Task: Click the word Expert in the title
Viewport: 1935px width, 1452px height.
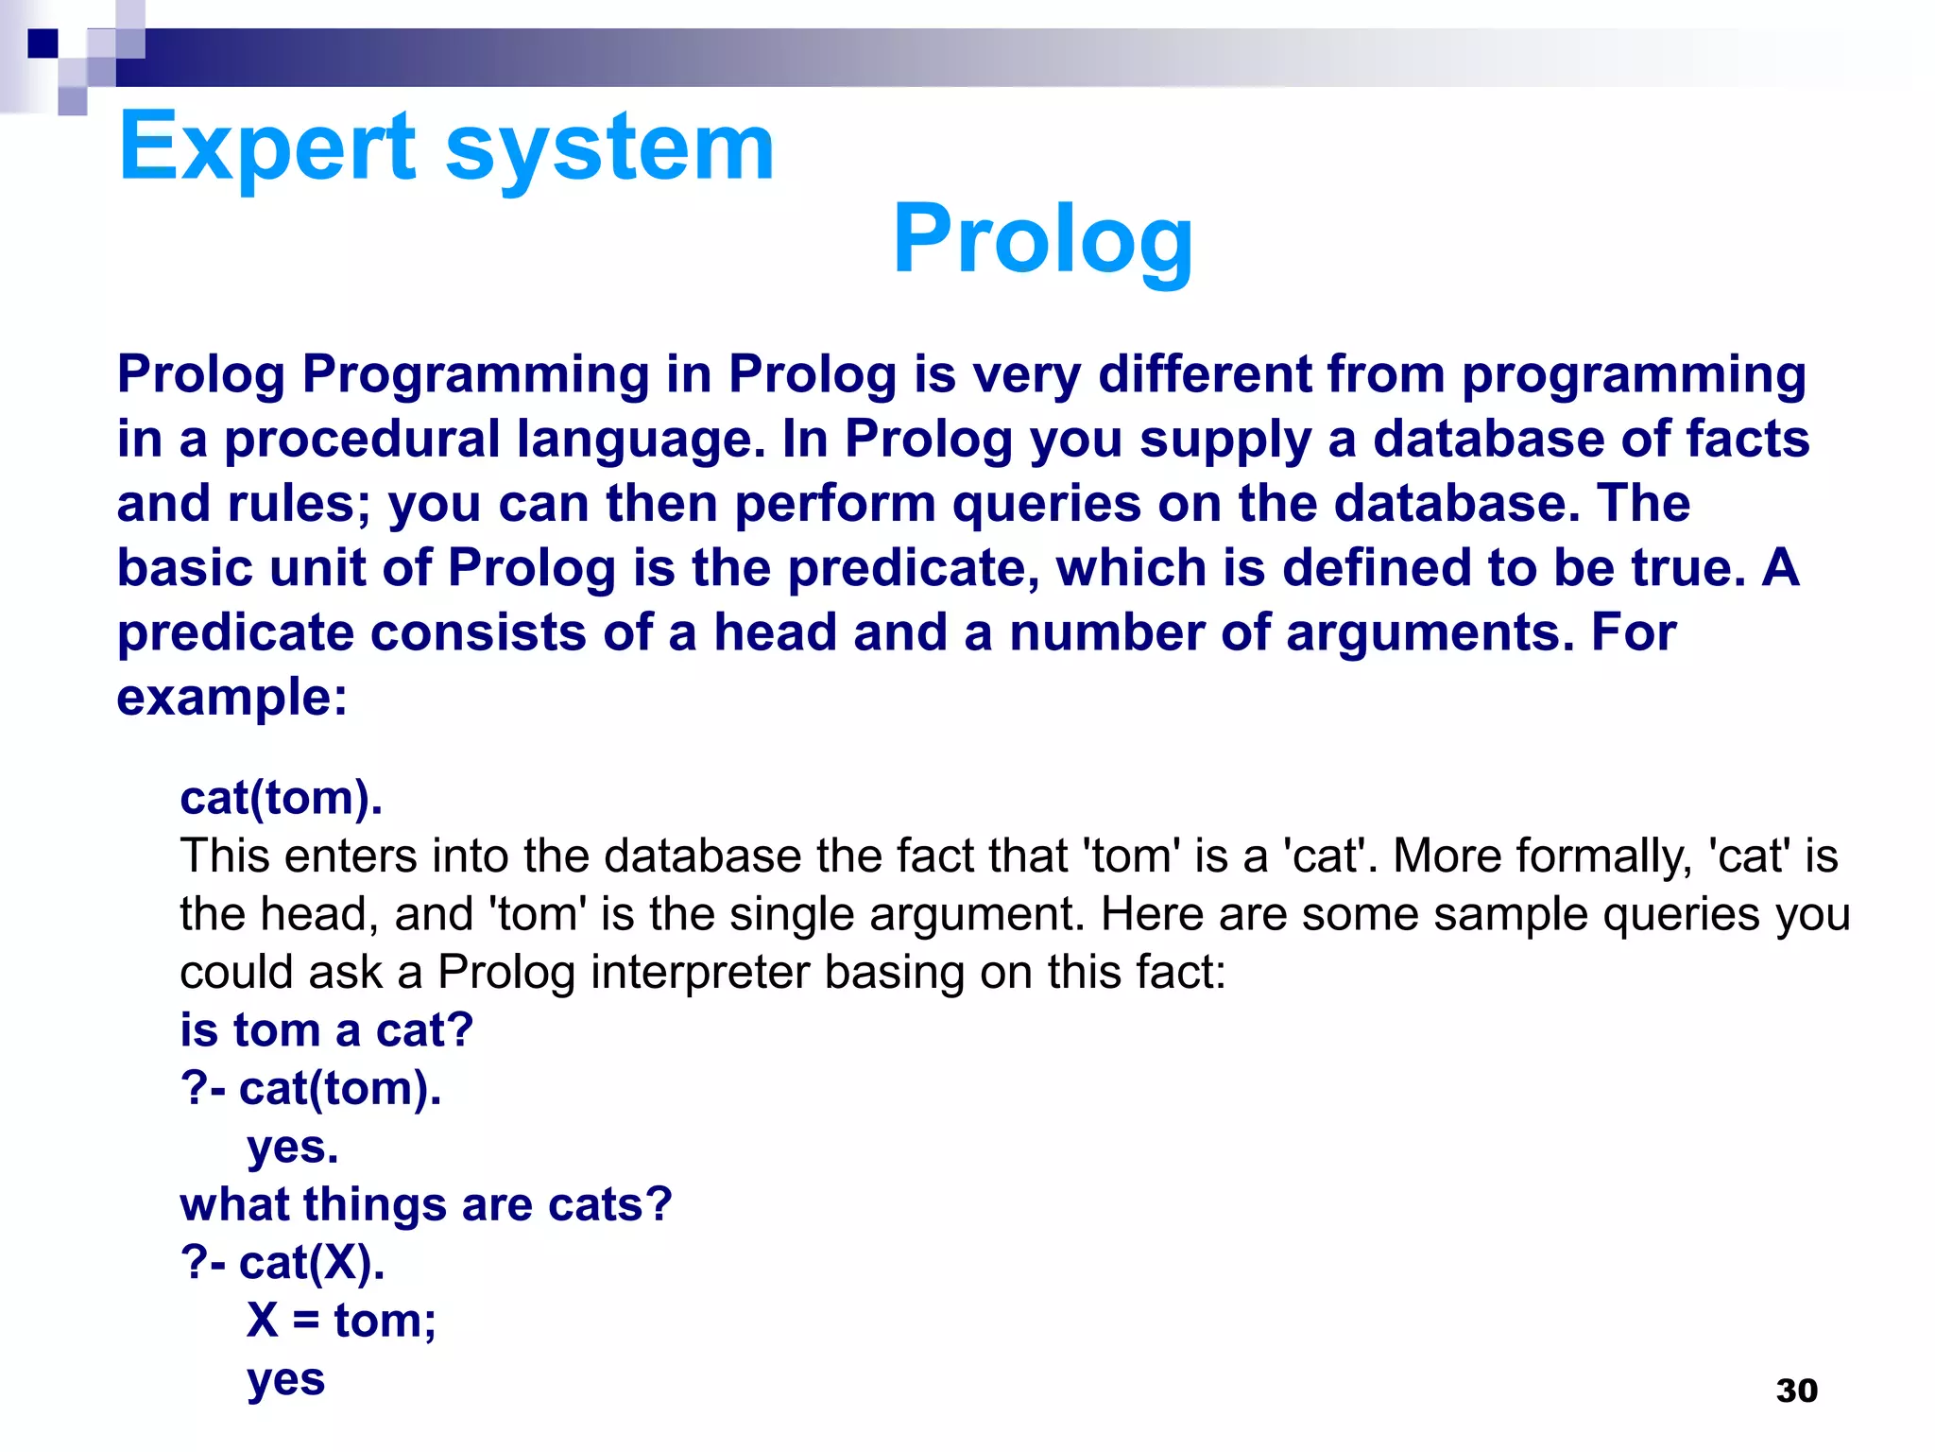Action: pyautogui.click(x=267, y=147)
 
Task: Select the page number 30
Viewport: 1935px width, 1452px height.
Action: pyautogui.click(x=1796, y=1391)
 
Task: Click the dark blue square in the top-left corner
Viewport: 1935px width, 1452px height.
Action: pyautogui.click(x=43, y=43)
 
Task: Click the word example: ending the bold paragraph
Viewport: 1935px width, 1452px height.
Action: pyautogui.click(x=232, y=698)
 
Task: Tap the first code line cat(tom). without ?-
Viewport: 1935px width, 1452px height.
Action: pyautogui.click(x=282, y=798)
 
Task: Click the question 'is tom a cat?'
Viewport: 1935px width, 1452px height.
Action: pyautogui.click(x=326, y=1030)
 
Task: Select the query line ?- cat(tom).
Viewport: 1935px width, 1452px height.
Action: pyautogui.click(x=311, y=1089)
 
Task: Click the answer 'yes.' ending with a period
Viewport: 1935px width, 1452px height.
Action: pyautogui.click(x=293, y=1147)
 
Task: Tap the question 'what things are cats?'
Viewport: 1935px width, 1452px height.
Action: pyautogui.click(x=425, y=1205)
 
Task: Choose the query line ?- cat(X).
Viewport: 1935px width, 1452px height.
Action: pyautogui.click(x=283, y=1263)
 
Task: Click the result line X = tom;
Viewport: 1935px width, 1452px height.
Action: pyautogui.click(x=341, y=1321)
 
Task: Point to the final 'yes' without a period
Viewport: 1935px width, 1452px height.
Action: pyautogui.click(x=286, y=1379)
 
